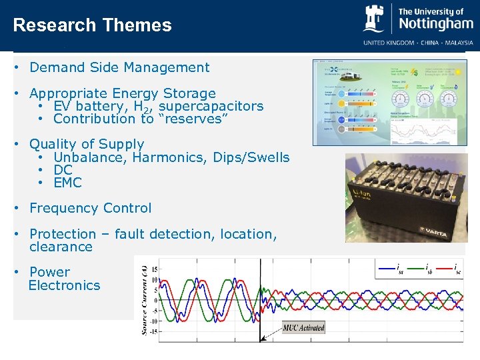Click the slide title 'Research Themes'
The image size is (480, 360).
coord(92,25)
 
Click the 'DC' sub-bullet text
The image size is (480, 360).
coord(63,170)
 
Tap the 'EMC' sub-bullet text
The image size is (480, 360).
coord(67,183)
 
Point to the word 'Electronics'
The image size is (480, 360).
coord(64,285)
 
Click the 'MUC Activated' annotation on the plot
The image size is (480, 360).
coord(303,327)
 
